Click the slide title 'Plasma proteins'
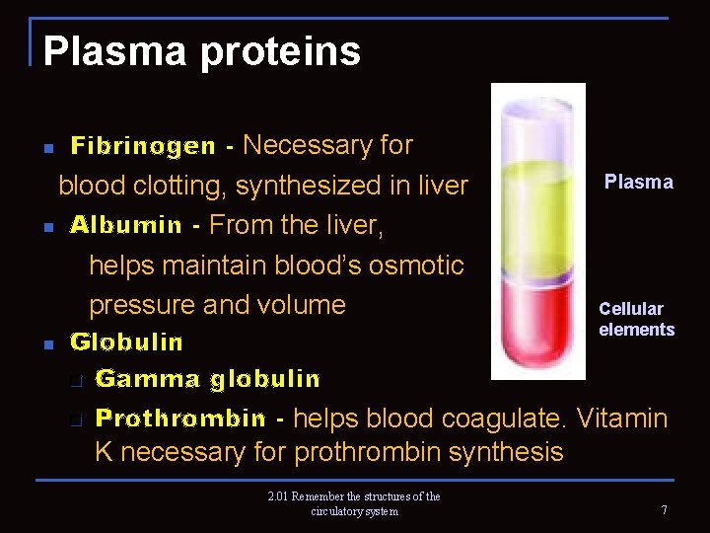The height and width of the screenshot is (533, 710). (x=201, y=51)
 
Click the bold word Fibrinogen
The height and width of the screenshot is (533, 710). (x=143, y=147)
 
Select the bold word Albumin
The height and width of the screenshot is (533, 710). (x=126, y=225)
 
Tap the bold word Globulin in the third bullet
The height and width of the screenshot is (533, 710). (x=126, y=343)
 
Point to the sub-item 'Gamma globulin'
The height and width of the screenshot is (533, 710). (x=208, y=379)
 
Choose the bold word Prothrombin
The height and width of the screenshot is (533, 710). (x=180, y=419)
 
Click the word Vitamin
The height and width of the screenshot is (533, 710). (x=622, y=419)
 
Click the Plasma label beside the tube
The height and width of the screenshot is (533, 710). (x=638, y=182)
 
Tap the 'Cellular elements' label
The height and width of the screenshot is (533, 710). (x=636, y=319)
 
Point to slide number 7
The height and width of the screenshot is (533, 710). (x=665, y=510)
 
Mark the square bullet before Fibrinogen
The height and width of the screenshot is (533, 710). (x=47, y=149)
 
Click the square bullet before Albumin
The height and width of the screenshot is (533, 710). (x=47, y=228)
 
